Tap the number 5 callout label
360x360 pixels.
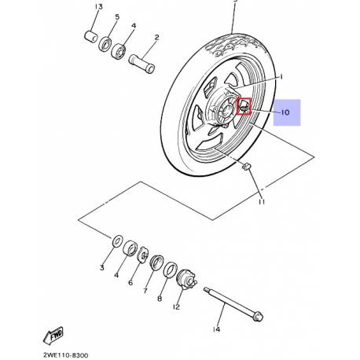pyautogui.click(x=118, y=17)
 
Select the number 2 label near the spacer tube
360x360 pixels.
pyautogui.click(x=156, y=37)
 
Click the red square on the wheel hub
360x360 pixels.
pyautogui.click(x=243, y=105)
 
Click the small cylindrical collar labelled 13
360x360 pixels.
pyautogui.click(x=90, y=35)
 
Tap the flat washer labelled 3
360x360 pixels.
pyautogui.click(x=116, y=239)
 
